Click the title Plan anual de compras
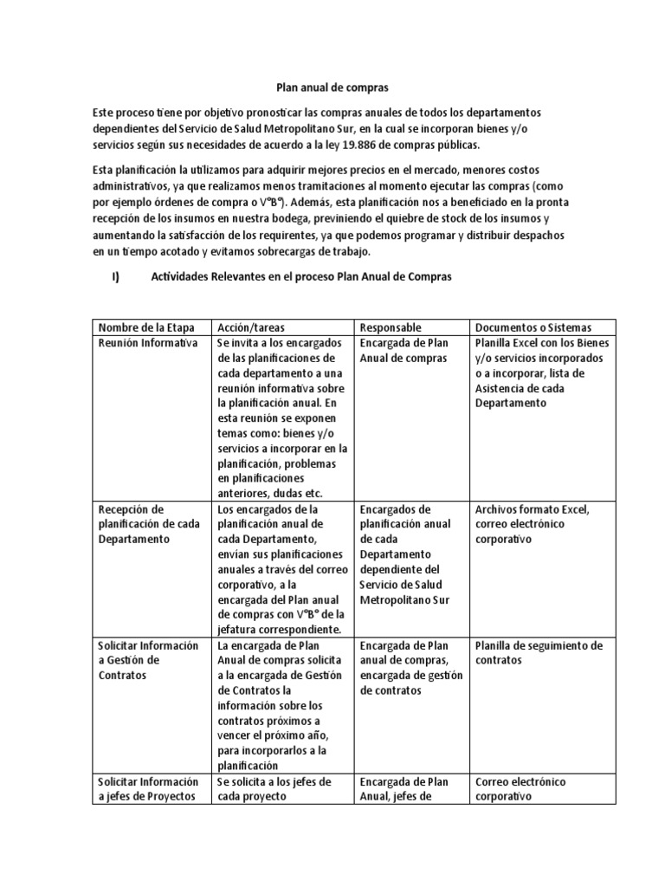[x=332, y=87]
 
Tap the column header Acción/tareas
[x=252, y=327]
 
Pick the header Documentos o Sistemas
[x=533, y=327]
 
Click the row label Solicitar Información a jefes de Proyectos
[x=148, y=789]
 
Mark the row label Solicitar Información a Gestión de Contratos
[x=148, y=660]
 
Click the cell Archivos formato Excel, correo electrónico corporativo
[x=532, y=524]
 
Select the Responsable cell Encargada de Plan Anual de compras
[x=403, y=351]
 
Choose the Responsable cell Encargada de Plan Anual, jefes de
[x=404, y=789]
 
